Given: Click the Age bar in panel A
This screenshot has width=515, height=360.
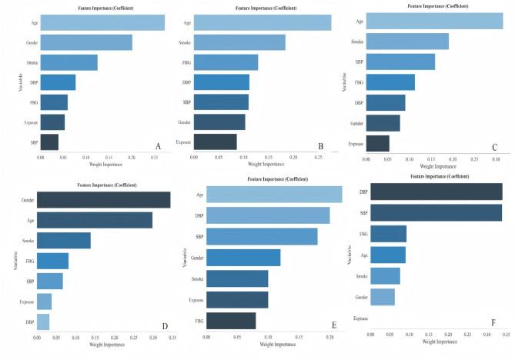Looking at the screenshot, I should point(102,22).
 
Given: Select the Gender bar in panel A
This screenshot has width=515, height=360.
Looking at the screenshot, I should point(85,42).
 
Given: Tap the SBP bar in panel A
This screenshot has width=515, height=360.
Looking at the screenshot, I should point(49,142).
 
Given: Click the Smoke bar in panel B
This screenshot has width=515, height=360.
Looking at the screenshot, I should point(239,42).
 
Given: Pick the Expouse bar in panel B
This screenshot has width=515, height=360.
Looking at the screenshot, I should point(215,142).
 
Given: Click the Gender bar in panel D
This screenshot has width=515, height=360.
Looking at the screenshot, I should point(103,200).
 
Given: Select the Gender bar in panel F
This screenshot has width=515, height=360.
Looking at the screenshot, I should point(383,296).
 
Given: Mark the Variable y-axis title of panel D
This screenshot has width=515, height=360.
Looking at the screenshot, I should point(16,258).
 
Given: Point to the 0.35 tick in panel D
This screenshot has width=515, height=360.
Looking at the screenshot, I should point(170,337).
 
